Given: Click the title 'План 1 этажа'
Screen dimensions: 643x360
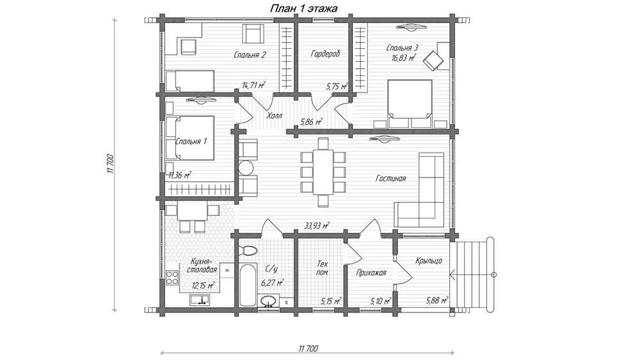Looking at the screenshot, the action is [303, 8].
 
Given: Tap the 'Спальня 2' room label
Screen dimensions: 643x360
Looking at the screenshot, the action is [250, 55].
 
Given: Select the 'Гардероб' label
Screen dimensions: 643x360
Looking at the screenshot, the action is [325, 54].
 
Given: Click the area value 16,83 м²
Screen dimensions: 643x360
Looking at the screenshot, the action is [404, 58].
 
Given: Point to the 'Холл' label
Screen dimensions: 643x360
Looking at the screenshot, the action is [275, 116].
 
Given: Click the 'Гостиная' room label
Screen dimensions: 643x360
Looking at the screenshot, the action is [391, 178].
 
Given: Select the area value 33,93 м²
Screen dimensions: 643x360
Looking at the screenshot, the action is [318, 225].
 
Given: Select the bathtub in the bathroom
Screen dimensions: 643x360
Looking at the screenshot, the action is [248, 285].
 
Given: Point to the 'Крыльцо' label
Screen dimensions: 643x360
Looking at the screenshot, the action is [428, 260].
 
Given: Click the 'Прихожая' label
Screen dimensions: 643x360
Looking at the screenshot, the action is [371, 273].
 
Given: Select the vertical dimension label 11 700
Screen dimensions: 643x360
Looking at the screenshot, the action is [109, 164].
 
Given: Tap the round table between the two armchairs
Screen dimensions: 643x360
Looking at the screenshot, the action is [247, 168].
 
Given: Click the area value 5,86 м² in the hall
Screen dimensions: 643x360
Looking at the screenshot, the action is [311, 122].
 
